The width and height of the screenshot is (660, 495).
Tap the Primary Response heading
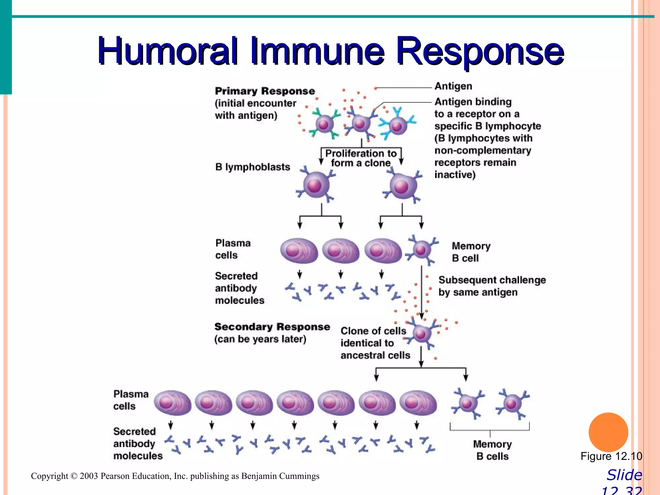click(x=265, y=91)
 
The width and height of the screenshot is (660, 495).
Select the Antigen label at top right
click(x=453, y=86)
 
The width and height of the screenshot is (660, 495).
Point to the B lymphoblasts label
click(x=253, y=167)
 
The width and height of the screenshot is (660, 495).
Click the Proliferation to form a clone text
click(x=361, y=158)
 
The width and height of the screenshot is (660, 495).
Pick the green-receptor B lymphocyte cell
click(x=324, y=124)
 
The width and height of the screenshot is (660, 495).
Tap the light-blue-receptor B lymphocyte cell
click(x=397, y=126)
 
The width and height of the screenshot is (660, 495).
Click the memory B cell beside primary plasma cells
click(x=421, y=250)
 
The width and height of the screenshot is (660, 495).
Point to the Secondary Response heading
click(x=272, y=327)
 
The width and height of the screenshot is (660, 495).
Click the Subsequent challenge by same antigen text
click(x=492, y=286)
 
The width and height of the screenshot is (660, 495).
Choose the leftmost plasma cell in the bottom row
click(x=172, y=403)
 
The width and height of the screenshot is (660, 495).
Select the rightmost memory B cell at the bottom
click(x=512, y=403)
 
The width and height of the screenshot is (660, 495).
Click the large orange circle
click(x=608, y=432)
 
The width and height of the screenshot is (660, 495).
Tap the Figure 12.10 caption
click(x=611, y=456)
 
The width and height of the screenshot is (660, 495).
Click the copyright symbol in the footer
click(x=74, y=476)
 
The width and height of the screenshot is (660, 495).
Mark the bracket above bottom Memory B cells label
click(x=490, y=430)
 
